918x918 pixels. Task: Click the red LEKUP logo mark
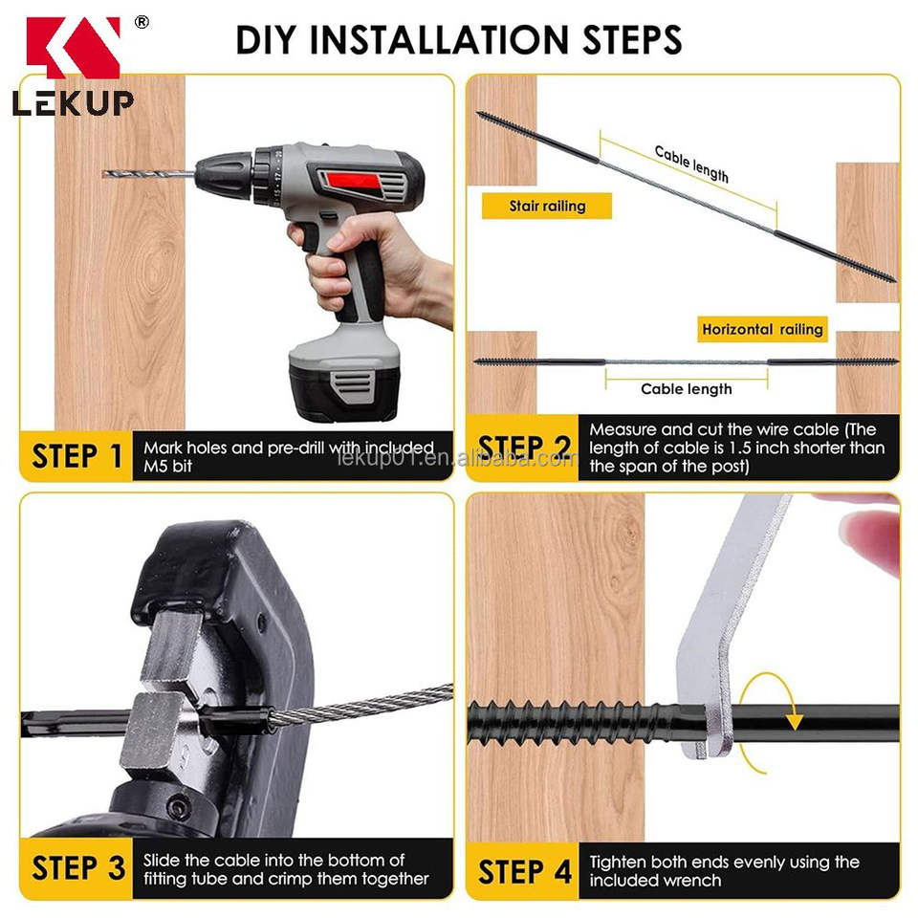click(74, 47)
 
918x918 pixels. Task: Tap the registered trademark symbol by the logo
click(142, 22)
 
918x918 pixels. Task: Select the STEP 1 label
click(76, 456)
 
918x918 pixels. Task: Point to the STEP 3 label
click(77, 867)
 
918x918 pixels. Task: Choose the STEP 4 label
click(525, 872)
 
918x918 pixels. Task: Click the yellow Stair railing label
click(547, 207)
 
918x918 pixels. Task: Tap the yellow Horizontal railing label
click(762, 330)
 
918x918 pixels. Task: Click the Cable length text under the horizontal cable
click(687, 389)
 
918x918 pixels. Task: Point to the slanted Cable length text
click(691, 164)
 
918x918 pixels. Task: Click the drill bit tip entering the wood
click(105, 173)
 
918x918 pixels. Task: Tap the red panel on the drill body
click(353, 181)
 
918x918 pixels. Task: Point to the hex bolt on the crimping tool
click(178, 808)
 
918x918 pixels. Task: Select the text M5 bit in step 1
click(167, 467)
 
